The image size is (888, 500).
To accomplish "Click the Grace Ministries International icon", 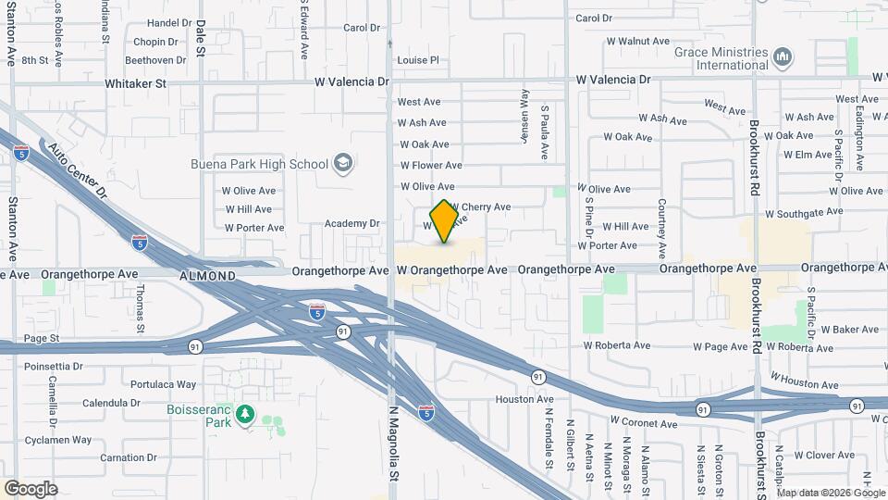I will click(783, 58).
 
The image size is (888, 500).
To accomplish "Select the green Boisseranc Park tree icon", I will click(245, 414).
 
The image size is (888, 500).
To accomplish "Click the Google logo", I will click(31, 488).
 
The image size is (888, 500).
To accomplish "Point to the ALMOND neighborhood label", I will click(208, 276).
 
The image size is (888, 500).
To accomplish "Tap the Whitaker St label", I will click(134, 83).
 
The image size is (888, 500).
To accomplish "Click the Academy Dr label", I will click(352, 223).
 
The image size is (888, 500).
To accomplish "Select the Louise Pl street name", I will click(417, 60).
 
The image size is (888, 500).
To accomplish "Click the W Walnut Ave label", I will click(636, 41).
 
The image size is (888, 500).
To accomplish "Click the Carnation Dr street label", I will click(123, 457).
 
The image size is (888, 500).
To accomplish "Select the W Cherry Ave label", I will click(480, 206).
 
